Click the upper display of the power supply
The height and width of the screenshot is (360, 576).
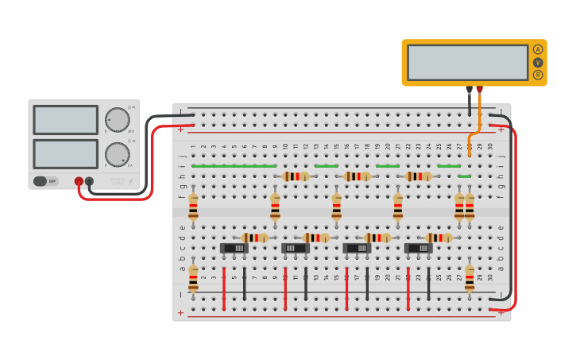tap(66, 120)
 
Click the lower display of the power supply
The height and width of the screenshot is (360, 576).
tap(66, 153)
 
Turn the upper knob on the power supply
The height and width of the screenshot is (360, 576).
tap(117, 120)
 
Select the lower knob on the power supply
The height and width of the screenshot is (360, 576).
tap(117, 154)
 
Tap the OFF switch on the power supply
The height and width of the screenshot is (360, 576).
tap(46, 181)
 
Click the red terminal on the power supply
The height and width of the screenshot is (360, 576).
tap(79, 181)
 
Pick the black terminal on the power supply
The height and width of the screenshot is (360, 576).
tap(89, 181)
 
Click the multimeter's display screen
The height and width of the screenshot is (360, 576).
tap(467, 62)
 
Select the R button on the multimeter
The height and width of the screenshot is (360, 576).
tap(538, 75)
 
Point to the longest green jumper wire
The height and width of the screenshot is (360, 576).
tap(234, 166)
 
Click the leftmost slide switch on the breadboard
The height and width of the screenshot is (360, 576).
tap(234, 248)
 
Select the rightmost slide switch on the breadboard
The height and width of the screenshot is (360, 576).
tap(419, 248)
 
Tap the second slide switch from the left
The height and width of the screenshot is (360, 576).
tap(296, 248)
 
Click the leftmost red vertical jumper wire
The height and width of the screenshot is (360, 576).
tap(224, 288)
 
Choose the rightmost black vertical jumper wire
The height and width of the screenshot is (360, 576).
tap(428, 284)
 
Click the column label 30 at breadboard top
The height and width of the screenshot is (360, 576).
tap(490, 146)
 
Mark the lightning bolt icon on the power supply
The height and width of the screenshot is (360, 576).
tap(130, 181)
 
